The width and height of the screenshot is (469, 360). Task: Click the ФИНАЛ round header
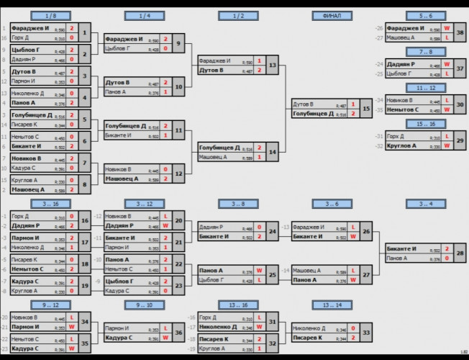click(x=332, y=15)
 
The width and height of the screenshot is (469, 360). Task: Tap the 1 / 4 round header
click(x=145, y=15)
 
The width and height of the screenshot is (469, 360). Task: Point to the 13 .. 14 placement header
click(x=332, y=304)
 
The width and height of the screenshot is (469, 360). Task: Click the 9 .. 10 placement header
click(x=145, y=304)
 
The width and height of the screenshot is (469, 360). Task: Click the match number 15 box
click(x=366, y=109)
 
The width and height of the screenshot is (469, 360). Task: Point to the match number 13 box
click(x=273, y=66)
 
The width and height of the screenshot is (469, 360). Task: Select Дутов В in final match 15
click(x=303, y=104)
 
